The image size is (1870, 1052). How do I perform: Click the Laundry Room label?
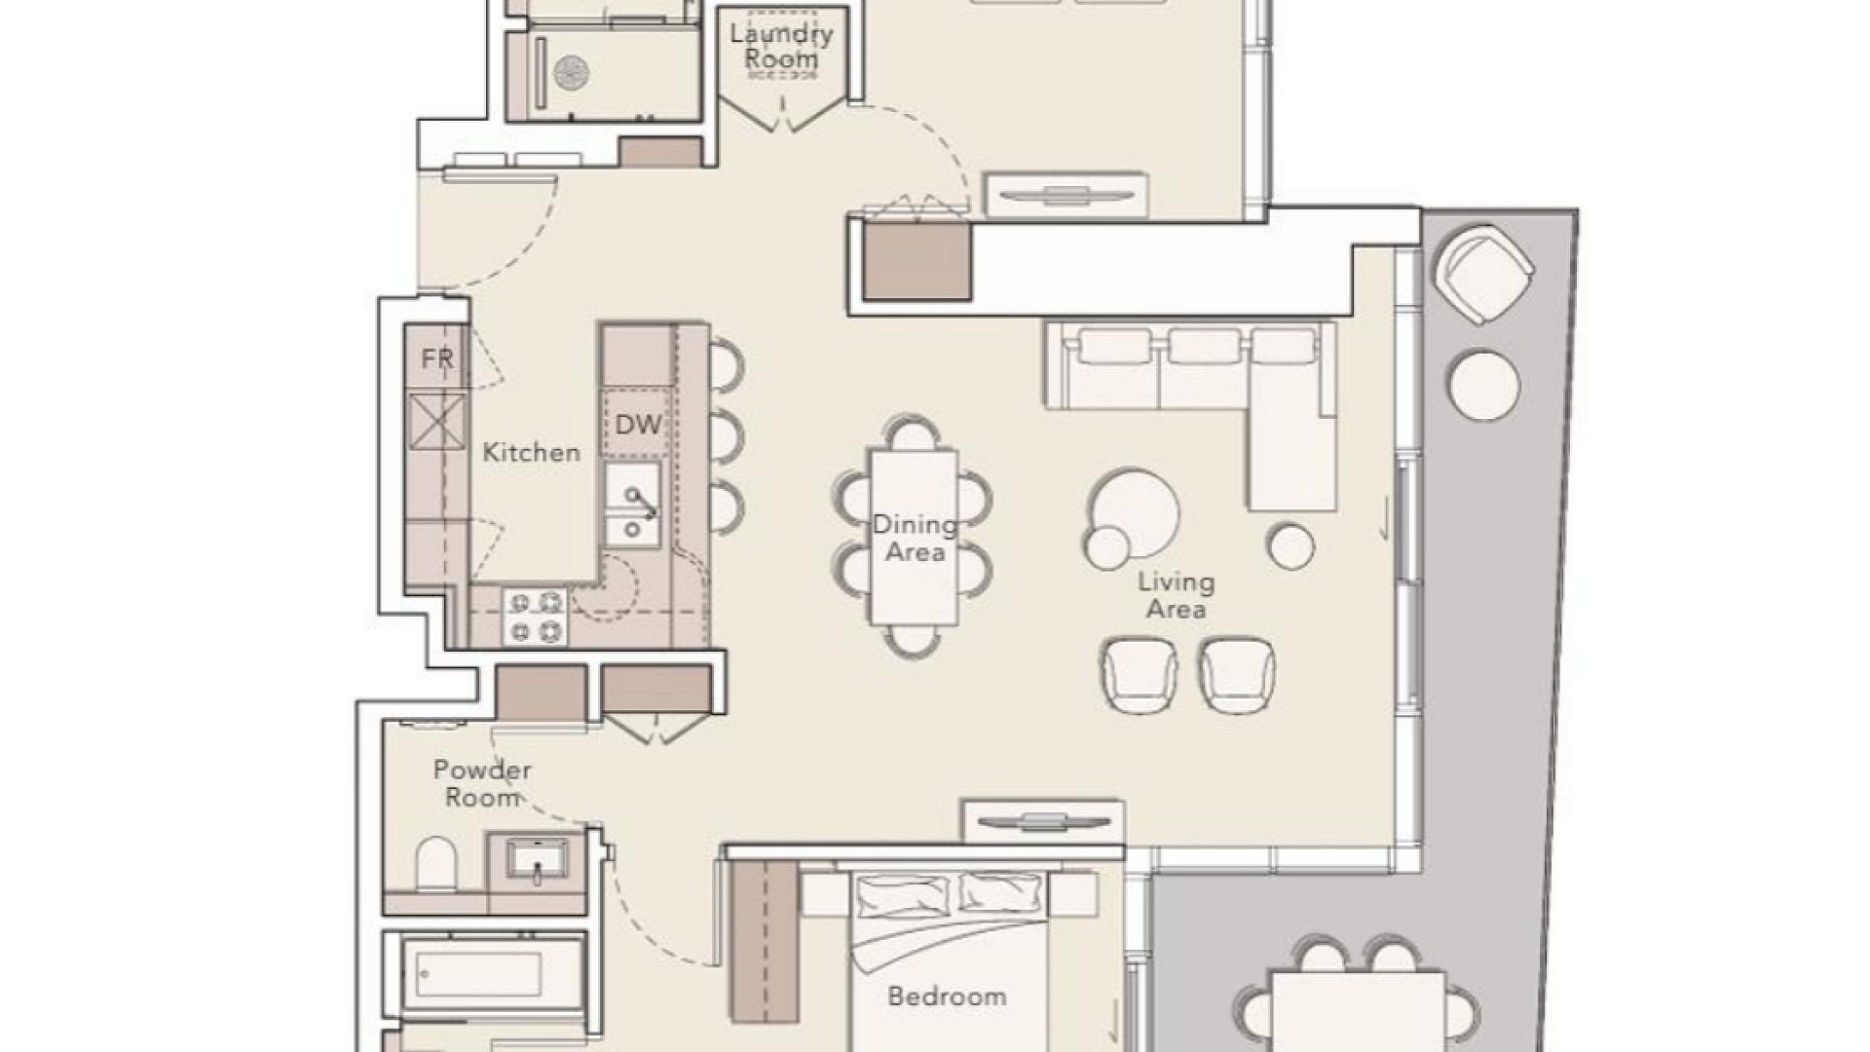[781, 47]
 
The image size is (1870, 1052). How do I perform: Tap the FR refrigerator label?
[437, 358]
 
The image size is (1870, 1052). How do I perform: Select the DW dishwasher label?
[638, 424]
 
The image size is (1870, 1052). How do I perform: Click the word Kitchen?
[532, 452]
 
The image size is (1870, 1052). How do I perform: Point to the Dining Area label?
[915, 539]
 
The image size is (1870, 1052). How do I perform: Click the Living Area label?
[1177, 596]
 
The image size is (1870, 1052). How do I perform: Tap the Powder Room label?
[482, 783]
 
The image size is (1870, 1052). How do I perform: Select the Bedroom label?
[947, 996]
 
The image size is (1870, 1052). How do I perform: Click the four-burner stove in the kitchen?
[535, 617]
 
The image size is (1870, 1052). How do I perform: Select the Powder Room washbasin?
[537, 861]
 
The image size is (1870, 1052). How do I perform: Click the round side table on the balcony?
[1484, 385]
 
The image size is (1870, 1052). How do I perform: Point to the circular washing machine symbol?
[572, 71]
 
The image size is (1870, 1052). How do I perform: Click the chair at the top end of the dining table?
[914, 432]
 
